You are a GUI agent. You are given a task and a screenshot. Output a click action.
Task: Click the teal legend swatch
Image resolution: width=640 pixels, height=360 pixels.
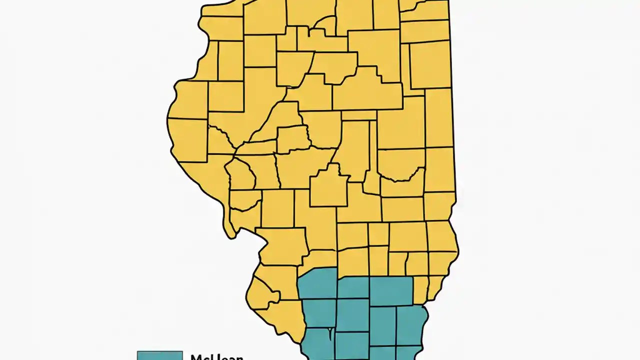point(159,355)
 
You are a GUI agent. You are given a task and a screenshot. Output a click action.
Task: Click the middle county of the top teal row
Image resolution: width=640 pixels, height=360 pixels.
point(353,288)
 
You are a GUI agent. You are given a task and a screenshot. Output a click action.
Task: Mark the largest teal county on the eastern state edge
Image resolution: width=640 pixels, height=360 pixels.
point(411,325)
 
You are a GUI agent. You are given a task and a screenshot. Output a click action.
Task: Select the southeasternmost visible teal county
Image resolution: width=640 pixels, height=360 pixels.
point(409,353)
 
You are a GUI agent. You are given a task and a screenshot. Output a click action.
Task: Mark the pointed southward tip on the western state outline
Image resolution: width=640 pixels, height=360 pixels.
point(230,235)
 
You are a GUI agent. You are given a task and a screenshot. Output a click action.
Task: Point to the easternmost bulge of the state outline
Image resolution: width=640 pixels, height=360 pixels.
point(457,245)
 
